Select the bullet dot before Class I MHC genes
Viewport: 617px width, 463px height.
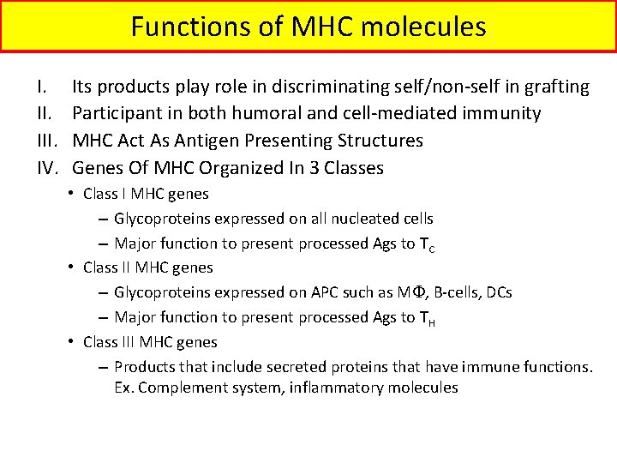point(75,195)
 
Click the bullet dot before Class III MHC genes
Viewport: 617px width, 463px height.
point(75,342)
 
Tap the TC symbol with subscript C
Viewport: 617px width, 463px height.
point(428,244)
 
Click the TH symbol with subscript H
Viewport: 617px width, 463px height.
point(428,318)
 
